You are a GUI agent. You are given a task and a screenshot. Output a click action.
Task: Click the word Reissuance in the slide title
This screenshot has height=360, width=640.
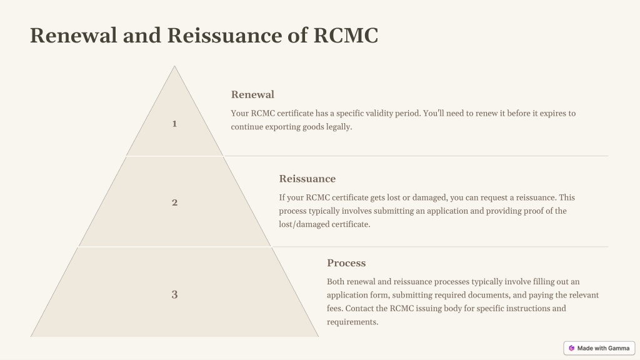224,35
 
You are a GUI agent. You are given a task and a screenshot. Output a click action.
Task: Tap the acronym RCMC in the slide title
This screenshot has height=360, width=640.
346,35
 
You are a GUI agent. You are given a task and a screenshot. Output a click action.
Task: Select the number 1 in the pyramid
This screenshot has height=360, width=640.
174,124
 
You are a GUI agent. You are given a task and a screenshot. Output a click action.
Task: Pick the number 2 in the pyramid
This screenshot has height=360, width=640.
175,202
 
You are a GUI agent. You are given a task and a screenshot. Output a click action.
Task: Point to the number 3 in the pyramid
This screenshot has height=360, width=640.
175,294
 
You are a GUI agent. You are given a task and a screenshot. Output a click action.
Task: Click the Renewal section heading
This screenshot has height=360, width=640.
252,95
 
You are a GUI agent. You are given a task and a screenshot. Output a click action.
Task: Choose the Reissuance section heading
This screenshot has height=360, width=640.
307,179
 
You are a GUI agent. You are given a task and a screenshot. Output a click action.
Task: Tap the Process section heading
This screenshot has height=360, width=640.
346,263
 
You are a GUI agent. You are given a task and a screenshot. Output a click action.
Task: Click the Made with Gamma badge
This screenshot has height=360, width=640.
599,348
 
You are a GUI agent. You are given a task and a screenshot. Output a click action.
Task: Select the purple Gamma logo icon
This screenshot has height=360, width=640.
571,348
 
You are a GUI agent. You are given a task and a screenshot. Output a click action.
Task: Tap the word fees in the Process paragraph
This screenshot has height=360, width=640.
335,308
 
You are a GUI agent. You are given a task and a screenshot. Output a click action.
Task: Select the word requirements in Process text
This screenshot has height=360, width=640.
352,322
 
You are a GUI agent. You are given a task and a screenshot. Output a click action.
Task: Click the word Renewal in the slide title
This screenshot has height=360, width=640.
74,35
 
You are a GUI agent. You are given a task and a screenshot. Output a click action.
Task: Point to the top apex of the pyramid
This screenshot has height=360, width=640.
174,66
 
